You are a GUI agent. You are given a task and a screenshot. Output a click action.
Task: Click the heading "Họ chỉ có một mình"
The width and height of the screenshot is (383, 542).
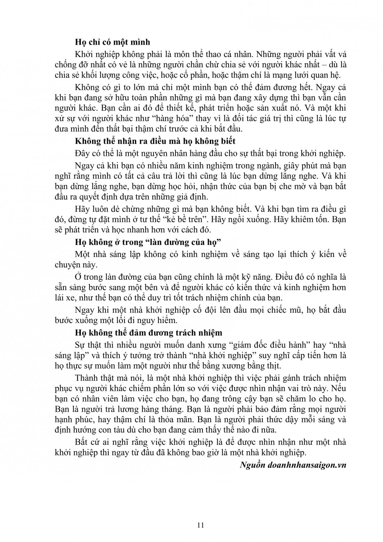(112, 42)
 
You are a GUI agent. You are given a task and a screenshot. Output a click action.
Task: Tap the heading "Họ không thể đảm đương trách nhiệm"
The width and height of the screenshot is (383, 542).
(148, 332)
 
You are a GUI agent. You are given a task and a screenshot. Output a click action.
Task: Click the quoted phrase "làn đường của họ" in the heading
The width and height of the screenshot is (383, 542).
(180, 242)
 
